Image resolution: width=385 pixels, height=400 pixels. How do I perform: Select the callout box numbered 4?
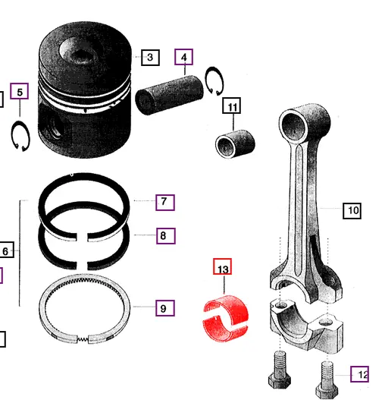(x=183, y=57)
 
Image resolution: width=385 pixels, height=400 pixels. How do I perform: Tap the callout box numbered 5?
(x=20, y=93)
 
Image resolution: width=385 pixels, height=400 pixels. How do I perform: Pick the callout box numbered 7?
(x=164, y=202)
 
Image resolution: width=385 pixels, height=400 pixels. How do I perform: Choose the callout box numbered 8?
(x=164, y=236)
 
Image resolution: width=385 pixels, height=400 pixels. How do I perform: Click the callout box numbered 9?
(x=164, y=308)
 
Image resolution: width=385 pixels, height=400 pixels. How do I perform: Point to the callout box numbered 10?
(x=352, y=210)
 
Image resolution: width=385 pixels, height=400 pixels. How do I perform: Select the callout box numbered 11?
(x=232, y=106)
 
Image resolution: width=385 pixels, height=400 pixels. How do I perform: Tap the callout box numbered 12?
(x=362, y=373)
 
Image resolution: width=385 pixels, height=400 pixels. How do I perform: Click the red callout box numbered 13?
(x=222, y=268)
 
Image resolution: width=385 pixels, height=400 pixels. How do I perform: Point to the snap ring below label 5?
(x=20, y=136)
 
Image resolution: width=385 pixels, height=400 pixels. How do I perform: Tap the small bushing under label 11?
(x=234, y=143)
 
